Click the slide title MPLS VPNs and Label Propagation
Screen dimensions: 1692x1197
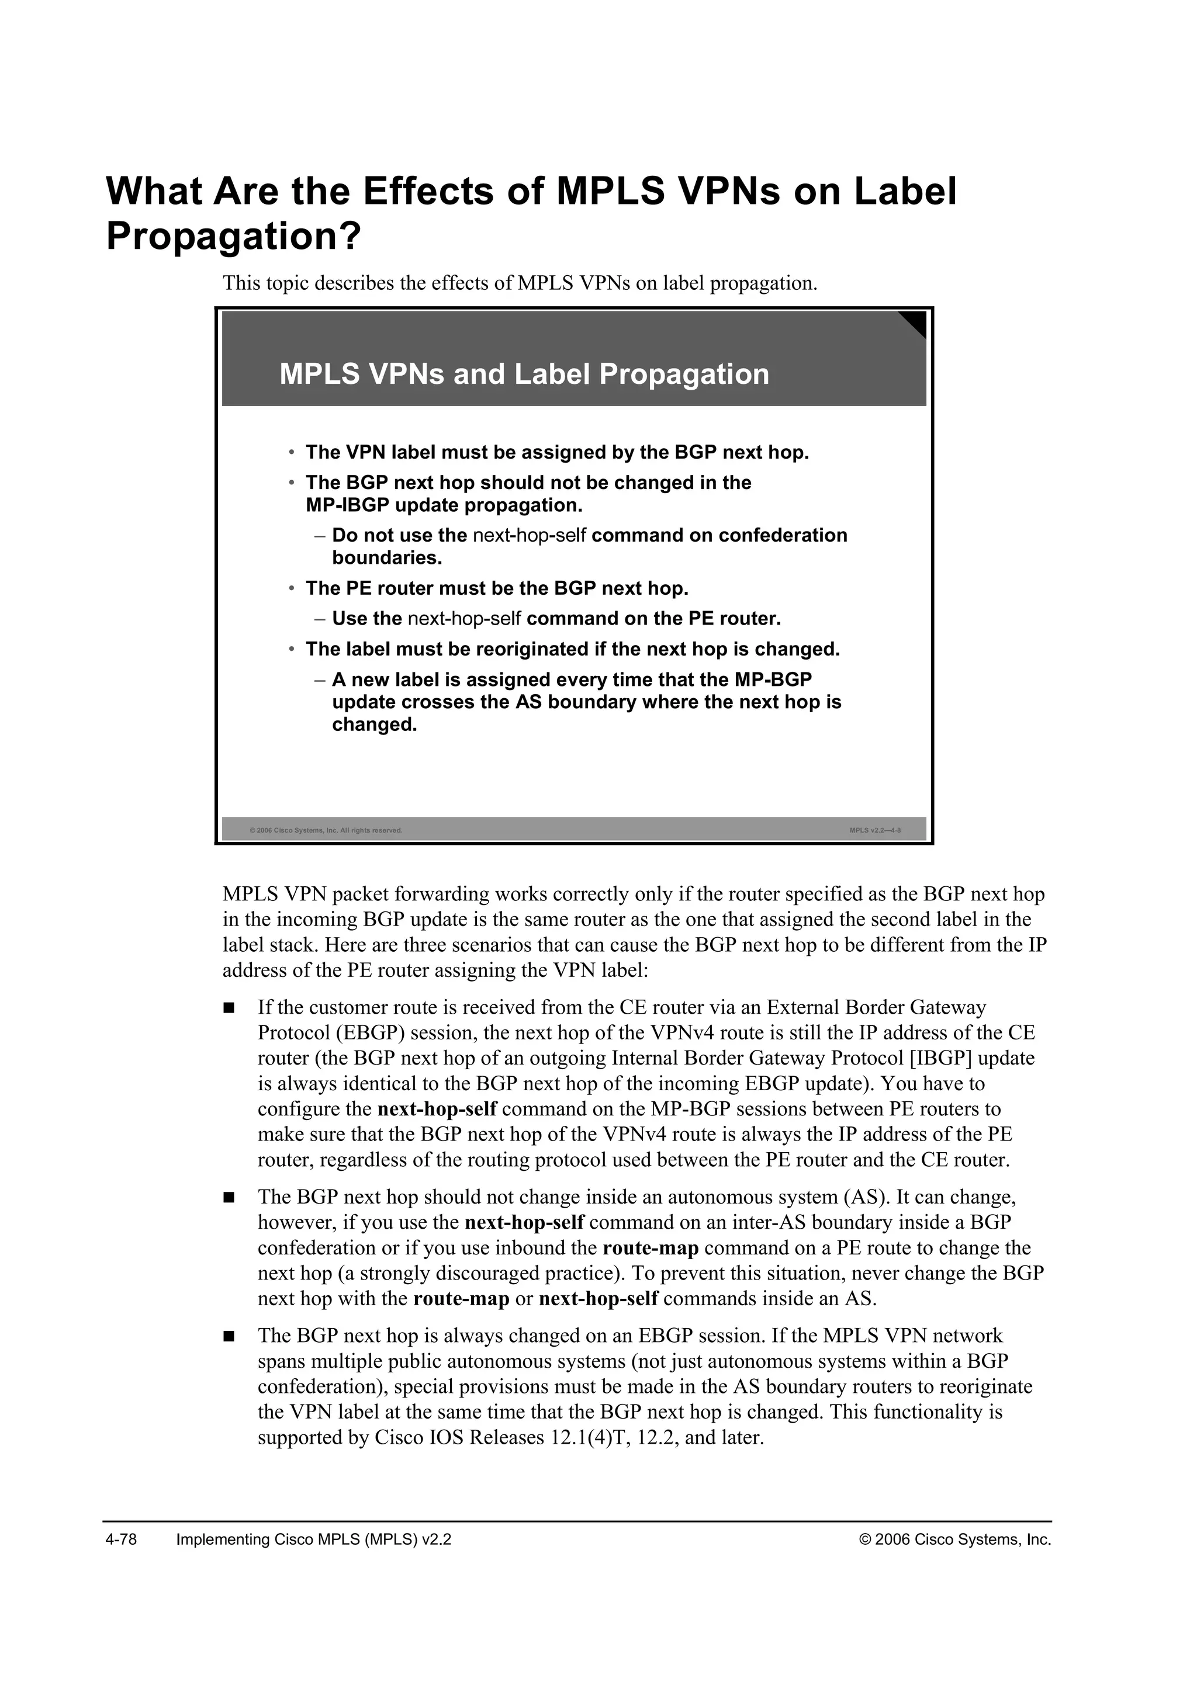point(524,375)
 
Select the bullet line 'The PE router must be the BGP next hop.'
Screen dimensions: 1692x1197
point(497,589)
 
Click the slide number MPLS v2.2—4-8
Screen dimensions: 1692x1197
point(875,831)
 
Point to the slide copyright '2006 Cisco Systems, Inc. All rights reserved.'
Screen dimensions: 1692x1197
point(327,831)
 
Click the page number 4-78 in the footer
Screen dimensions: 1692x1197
point(122,1540)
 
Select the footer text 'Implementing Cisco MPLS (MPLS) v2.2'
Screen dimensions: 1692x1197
point(314,1540)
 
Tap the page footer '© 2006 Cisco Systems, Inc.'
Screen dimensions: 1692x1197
point(955,1540)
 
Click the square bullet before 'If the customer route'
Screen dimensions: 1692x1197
point(229,1007)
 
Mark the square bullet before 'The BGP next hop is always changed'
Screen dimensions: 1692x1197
point(229,1336)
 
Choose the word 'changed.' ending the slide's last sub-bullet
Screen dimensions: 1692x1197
point(375,725)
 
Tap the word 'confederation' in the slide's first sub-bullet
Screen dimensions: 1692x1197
point(783,536)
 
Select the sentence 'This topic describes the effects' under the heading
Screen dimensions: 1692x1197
point(520,283)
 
